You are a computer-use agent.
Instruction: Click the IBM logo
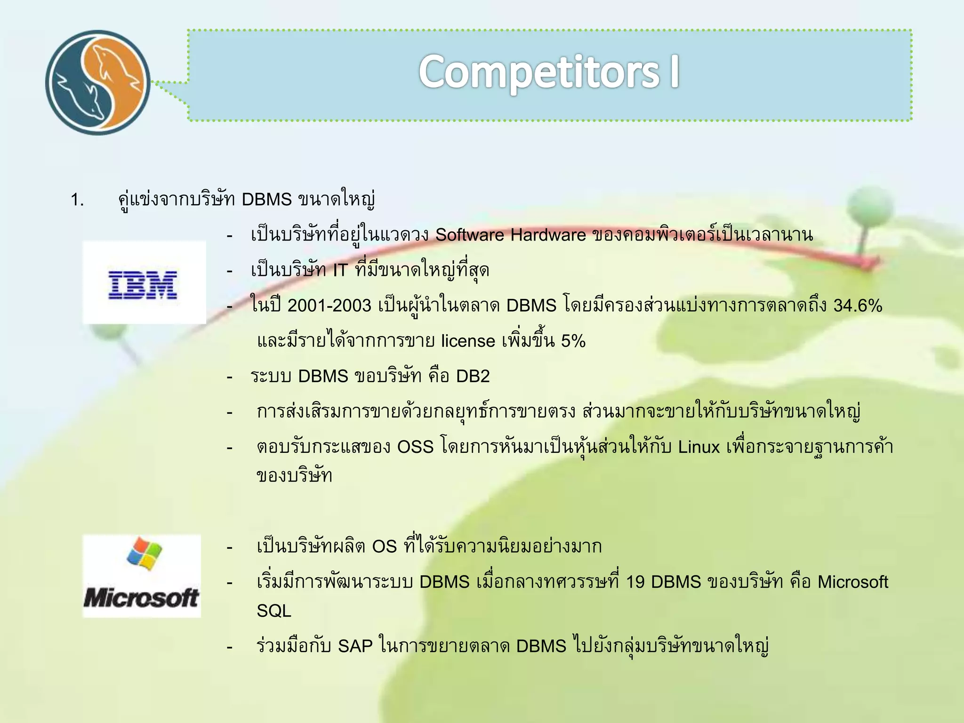(x=143, y=285)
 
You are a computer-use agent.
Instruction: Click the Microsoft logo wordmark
(x=141, y=598)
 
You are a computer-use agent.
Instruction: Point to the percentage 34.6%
(x=857, y=306)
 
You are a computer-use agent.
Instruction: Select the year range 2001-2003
(x=329, y=306)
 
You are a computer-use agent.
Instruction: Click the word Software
(x=469, y=235)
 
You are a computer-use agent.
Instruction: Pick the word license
(x=468, y=341)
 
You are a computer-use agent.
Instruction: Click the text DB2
(x=473, y=376)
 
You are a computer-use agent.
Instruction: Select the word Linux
(x=699, y=447)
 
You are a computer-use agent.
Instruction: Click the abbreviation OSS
(x=415, y=447)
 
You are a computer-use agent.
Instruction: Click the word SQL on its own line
(x=274, y=611)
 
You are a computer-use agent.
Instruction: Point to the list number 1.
(x=77, y=200)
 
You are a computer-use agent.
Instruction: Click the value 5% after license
(x=573, y=341)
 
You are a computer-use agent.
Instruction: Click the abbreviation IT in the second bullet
(x=340, y=271)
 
